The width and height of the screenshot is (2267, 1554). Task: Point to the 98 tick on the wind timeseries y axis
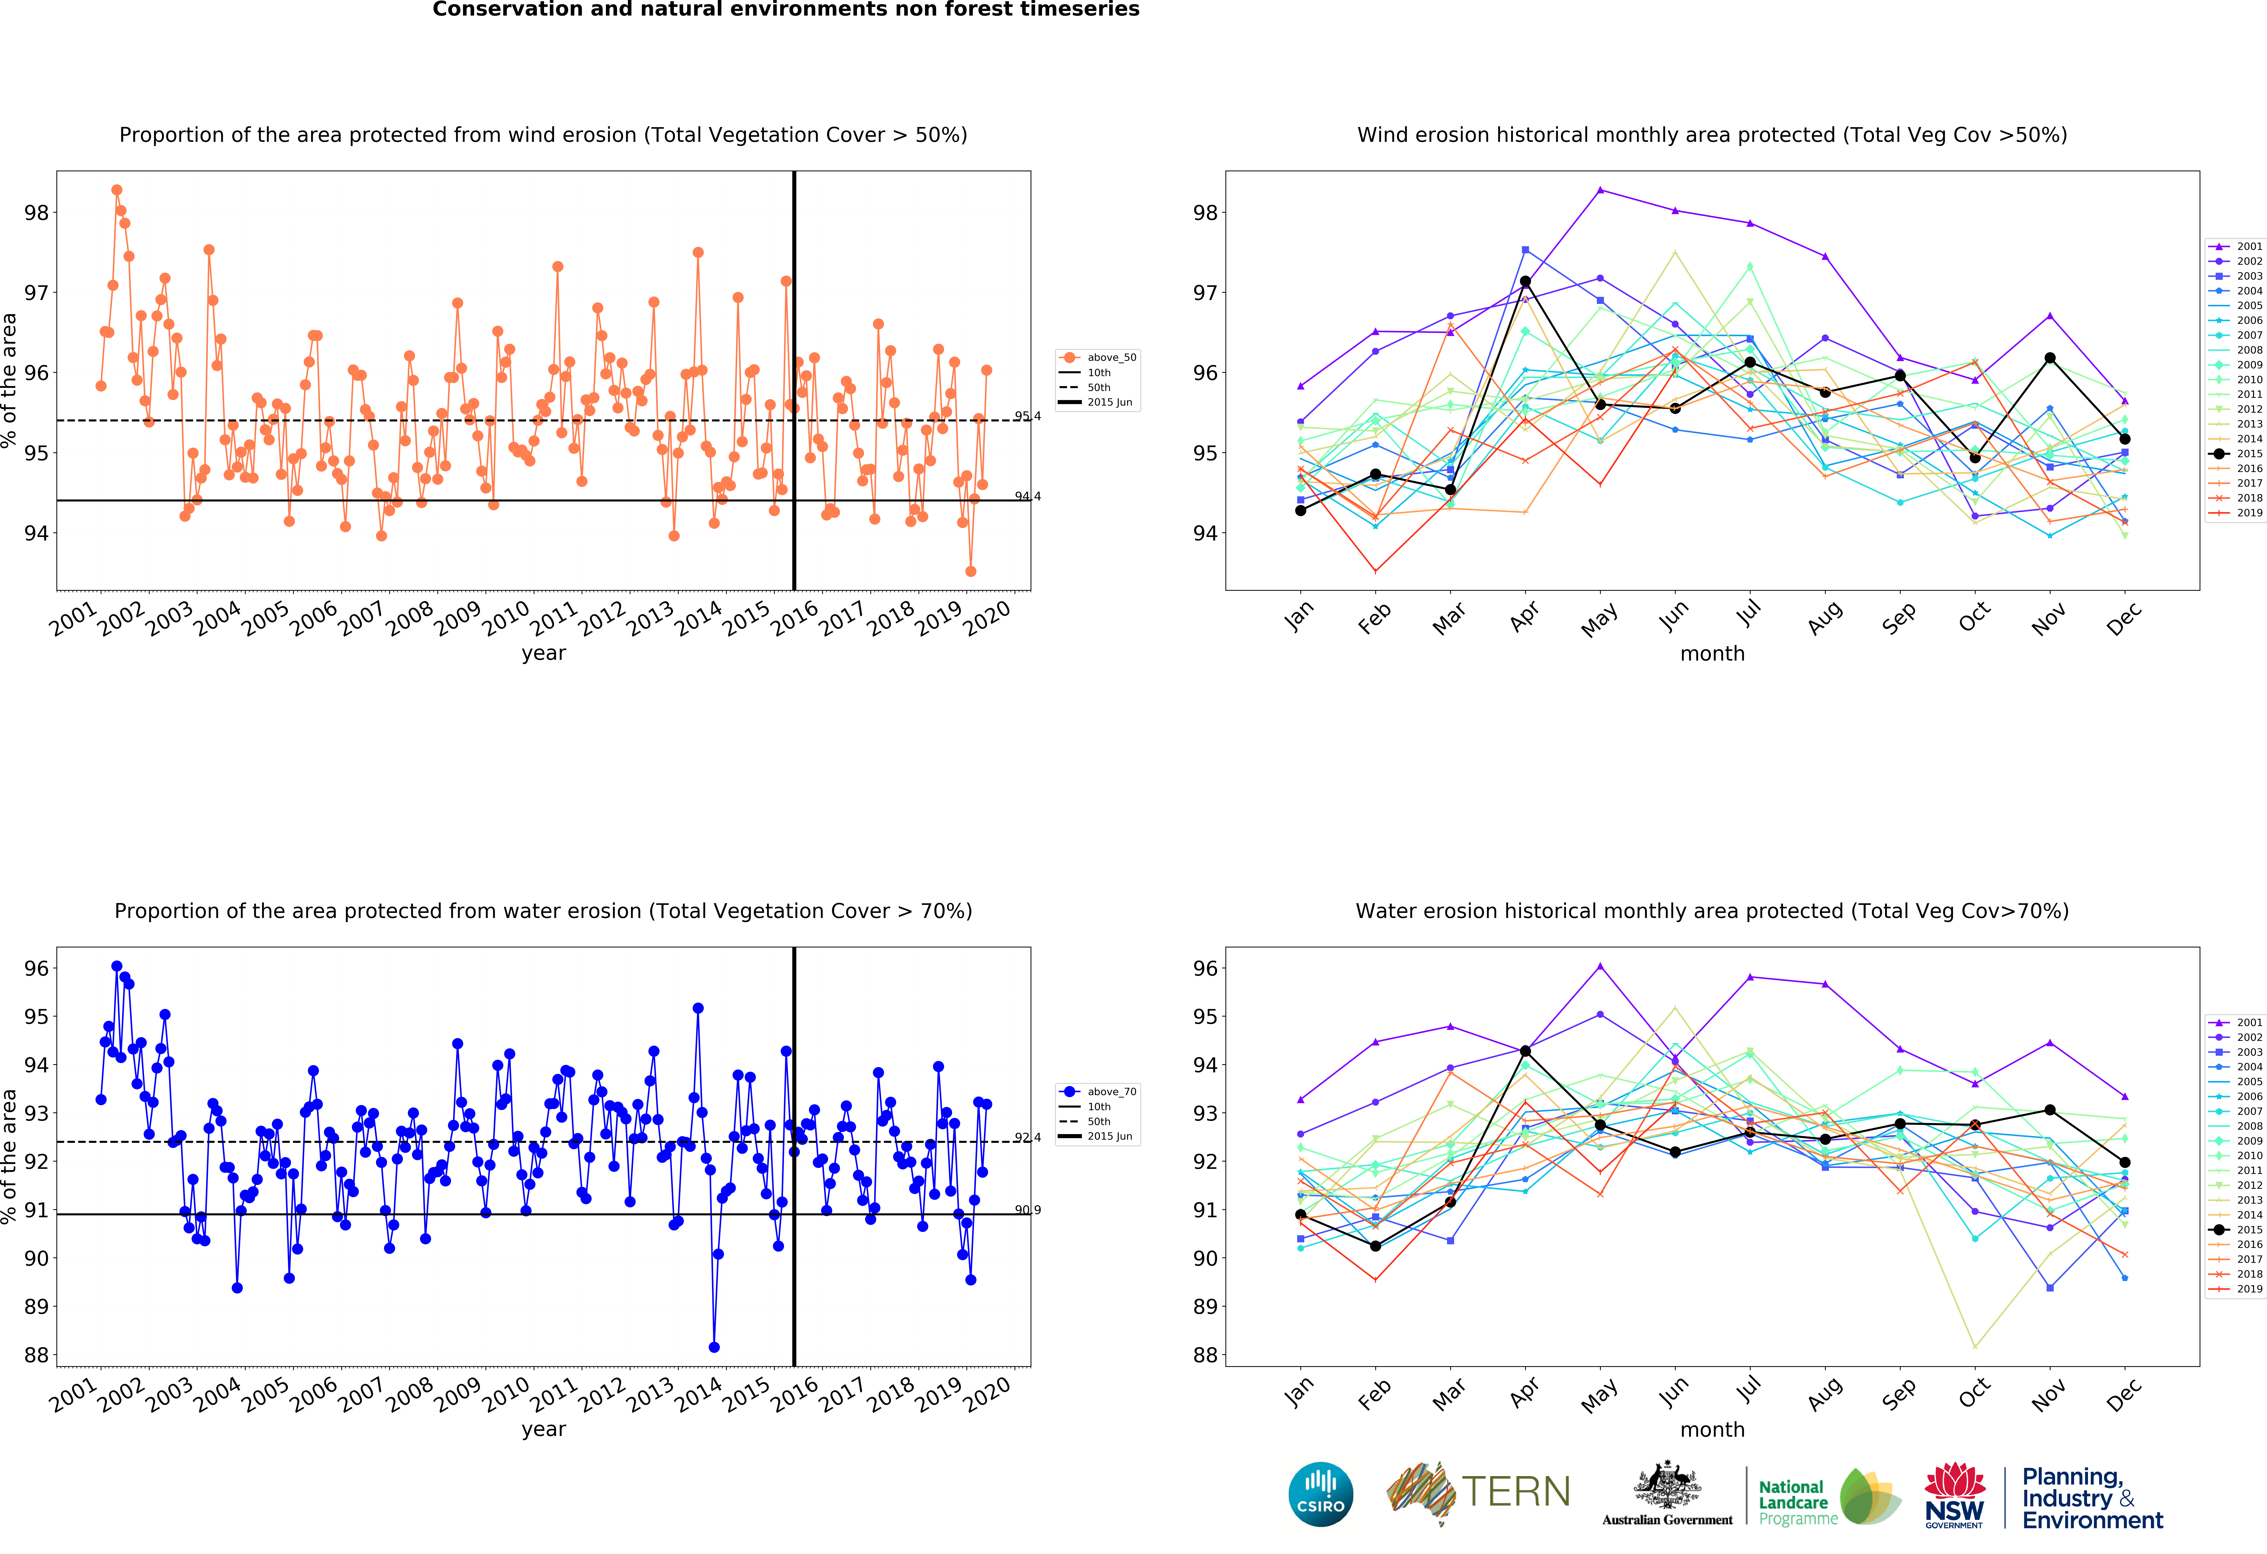point(36,213)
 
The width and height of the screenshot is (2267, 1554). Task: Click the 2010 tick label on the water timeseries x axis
point(506,1395)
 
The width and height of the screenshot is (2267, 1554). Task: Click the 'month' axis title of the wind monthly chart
point(1712,654)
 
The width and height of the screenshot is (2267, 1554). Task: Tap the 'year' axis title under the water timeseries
point(543,1429)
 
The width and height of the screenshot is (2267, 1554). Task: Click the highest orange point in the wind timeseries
point(117,190)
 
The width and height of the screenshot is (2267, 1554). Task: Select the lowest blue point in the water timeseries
point(714,1347)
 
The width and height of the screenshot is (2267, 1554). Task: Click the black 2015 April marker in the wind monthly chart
point(1526,282)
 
